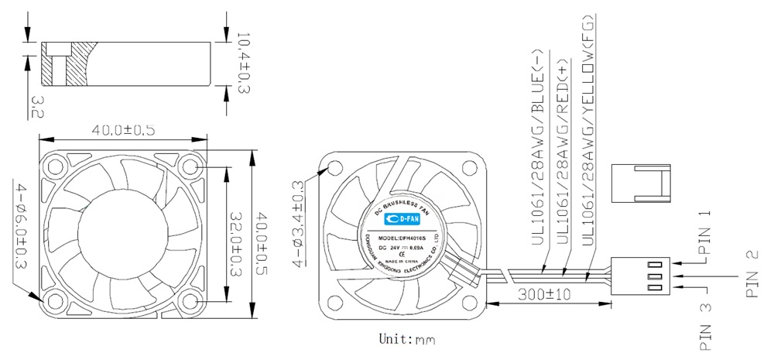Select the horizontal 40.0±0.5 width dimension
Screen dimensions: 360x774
pyautogui.click(x=124, y=130)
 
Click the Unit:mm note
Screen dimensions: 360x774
pyautogui.click(x=407, y=339)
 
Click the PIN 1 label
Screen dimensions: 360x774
pyautogui.click(x=704, y=233)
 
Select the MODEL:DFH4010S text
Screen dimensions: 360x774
pyautogui.click(x=402, y=238)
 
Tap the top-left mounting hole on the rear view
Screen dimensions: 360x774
pyautogui.click(x=335, y=168)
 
